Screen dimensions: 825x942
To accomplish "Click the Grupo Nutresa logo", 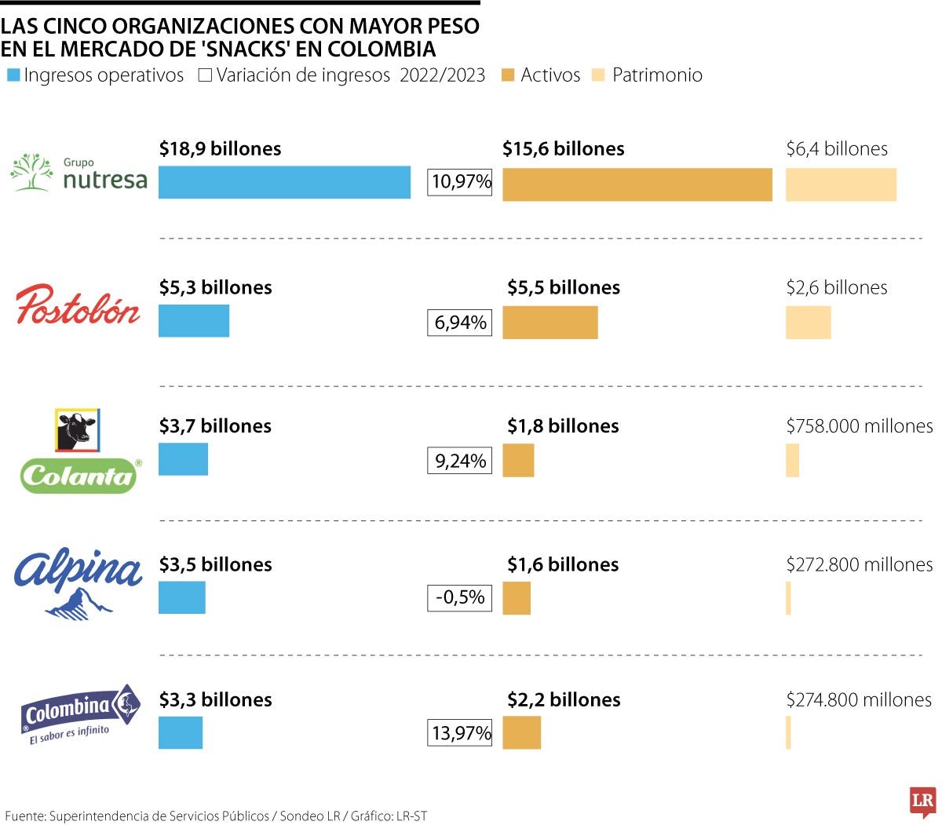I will click(x=78, y=173).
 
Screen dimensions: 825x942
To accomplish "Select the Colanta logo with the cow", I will click(x=78, y=451).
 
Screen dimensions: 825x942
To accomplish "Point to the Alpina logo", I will click(x=78, y=582).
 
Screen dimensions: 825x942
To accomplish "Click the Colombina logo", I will click(x=79, y=714).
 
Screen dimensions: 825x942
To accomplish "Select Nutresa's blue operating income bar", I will click(x=284, y=182).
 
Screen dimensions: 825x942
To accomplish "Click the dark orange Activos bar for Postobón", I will click(x=549, y=323).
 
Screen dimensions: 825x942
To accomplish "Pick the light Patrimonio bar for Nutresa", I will click(x=841, y=184).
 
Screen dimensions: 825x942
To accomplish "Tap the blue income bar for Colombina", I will click(x=181, y=732).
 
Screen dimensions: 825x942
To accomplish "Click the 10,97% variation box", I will click(x=461, y=182).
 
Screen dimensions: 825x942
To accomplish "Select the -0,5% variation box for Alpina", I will click(x=460, y=597).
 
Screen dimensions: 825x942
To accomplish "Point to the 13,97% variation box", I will click(x=461, y=733).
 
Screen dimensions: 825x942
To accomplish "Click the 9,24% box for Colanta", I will click(x=460, y=461).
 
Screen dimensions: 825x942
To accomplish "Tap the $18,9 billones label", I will click(x=220, y=149).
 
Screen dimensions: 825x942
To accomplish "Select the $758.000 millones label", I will click(x=860, y=426).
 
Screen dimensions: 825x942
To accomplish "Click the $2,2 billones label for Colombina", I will click(x=564, y=699).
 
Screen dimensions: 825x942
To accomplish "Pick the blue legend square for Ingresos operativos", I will click(x=13, y=76).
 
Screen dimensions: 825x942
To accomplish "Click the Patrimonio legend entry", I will click(x=648, y=75).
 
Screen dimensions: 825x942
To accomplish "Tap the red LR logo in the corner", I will click(x=922, y=801).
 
